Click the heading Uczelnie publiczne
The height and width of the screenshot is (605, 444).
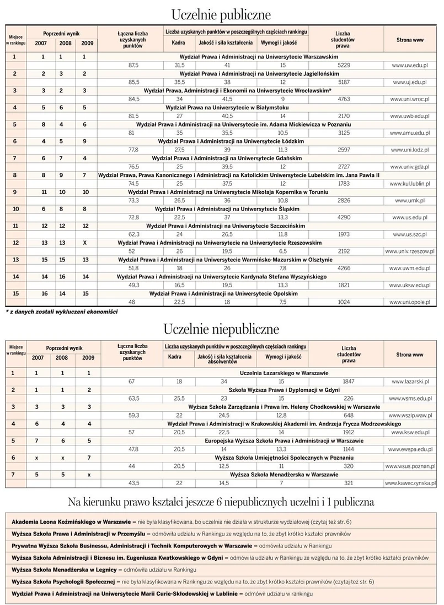tap(221, 13)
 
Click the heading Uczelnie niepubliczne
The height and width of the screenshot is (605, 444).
tap(221, 329)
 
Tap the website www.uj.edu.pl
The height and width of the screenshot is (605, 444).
tap(411, 82)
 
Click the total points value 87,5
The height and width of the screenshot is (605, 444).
tap(133, 65)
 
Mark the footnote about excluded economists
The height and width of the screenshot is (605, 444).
tap(62, 312)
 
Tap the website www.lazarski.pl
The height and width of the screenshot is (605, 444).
tap(410, 381)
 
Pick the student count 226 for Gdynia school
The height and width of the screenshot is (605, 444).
tap(345, 398)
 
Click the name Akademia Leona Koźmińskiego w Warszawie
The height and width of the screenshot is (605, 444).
tap(69, 522)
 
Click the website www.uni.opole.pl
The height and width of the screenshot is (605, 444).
tap(410, 302)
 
